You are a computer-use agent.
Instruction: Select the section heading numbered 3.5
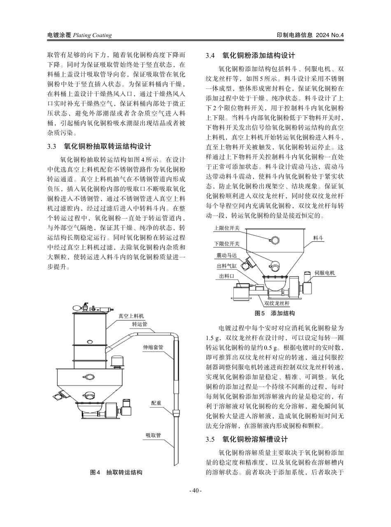coord(247,439)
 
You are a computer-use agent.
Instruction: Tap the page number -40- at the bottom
coord(195,490)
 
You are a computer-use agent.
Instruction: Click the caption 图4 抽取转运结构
coord(116,473)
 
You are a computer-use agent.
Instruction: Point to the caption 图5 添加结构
coord(275,313)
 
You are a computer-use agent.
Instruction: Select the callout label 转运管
coord(140,324)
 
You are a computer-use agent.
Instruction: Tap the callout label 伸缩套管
coord(153,347)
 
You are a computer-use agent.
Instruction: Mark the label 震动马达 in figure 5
coord(227,256)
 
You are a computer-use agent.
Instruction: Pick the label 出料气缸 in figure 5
coord(227,266)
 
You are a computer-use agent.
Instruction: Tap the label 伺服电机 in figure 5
coord(325,273)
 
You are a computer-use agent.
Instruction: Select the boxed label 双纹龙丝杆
coord(277,303)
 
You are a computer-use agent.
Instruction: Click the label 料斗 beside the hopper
coord(318,238)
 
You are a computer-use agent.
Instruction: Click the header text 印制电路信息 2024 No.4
coord(310,35)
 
